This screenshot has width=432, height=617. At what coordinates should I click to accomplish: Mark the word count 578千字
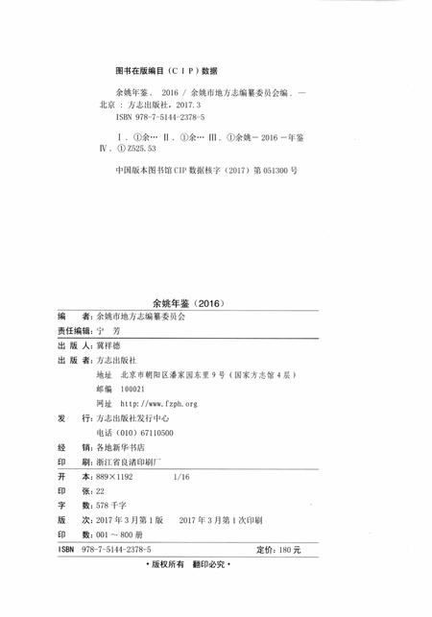[x=105, y=505]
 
